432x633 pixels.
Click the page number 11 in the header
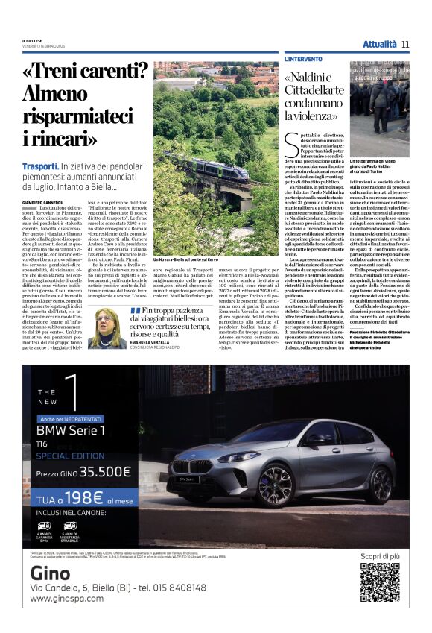coord(405,44)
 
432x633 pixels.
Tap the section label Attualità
coord(379,44)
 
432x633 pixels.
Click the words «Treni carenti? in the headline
coord(86,73)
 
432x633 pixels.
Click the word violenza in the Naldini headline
coord(310,115)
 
